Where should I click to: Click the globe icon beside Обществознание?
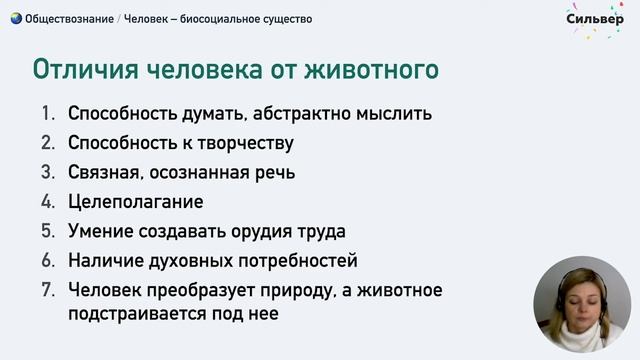pyautogui.click(x=15, y=18)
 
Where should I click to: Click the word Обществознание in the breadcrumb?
pyautogui.click(x=68, y=18)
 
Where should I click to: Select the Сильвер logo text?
pyautogui.click(x=596, y=18)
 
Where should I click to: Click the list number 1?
pyautogui.click(x=46, y=112)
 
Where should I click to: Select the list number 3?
pyautogui.click(x=47, y=172)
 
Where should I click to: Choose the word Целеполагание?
pyautogui.click(x=136, y=201)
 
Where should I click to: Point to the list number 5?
pyautogui.click(x=47, y=231)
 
